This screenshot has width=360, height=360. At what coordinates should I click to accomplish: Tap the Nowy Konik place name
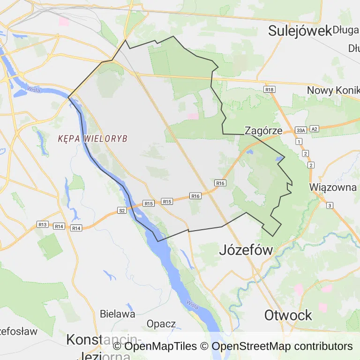(x=333, y=90)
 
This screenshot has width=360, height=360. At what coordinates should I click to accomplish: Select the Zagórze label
(x=263, y=131)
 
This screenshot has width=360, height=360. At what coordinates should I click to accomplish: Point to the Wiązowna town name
(x=333, y=187)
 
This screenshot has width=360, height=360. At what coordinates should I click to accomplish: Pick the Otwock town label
(x=288, y=315)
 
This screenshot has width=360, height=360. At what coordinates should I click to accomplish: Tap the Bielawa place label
(x=118, y=314)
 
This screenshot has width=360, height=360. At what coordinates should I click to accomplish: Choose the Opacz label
(x=161, y=323)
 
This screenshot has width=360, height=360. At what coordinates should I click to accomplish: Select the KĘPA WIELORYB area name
(x=93, y=139)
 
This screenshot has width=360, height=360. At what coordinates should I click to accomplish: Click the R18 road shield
(x=269, y=89)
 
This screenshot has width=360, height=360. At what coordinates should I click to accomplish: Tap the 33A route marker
(x=300, y=129)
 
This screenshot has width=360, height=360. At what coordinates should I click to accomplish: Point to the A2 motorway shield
(x=314, y=128)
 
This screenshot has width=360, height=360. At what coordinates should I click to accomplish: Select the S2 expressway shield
(x=122, y=210)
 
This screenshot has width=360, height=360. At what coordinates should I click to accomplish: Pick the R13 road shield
(x=43, y=225)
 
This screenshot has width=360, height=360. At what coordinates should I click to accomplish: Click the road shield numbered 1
(x=298, y=141)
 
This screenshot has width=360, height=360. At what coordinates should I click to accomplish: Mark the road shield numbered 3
(x=330, y=205)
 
